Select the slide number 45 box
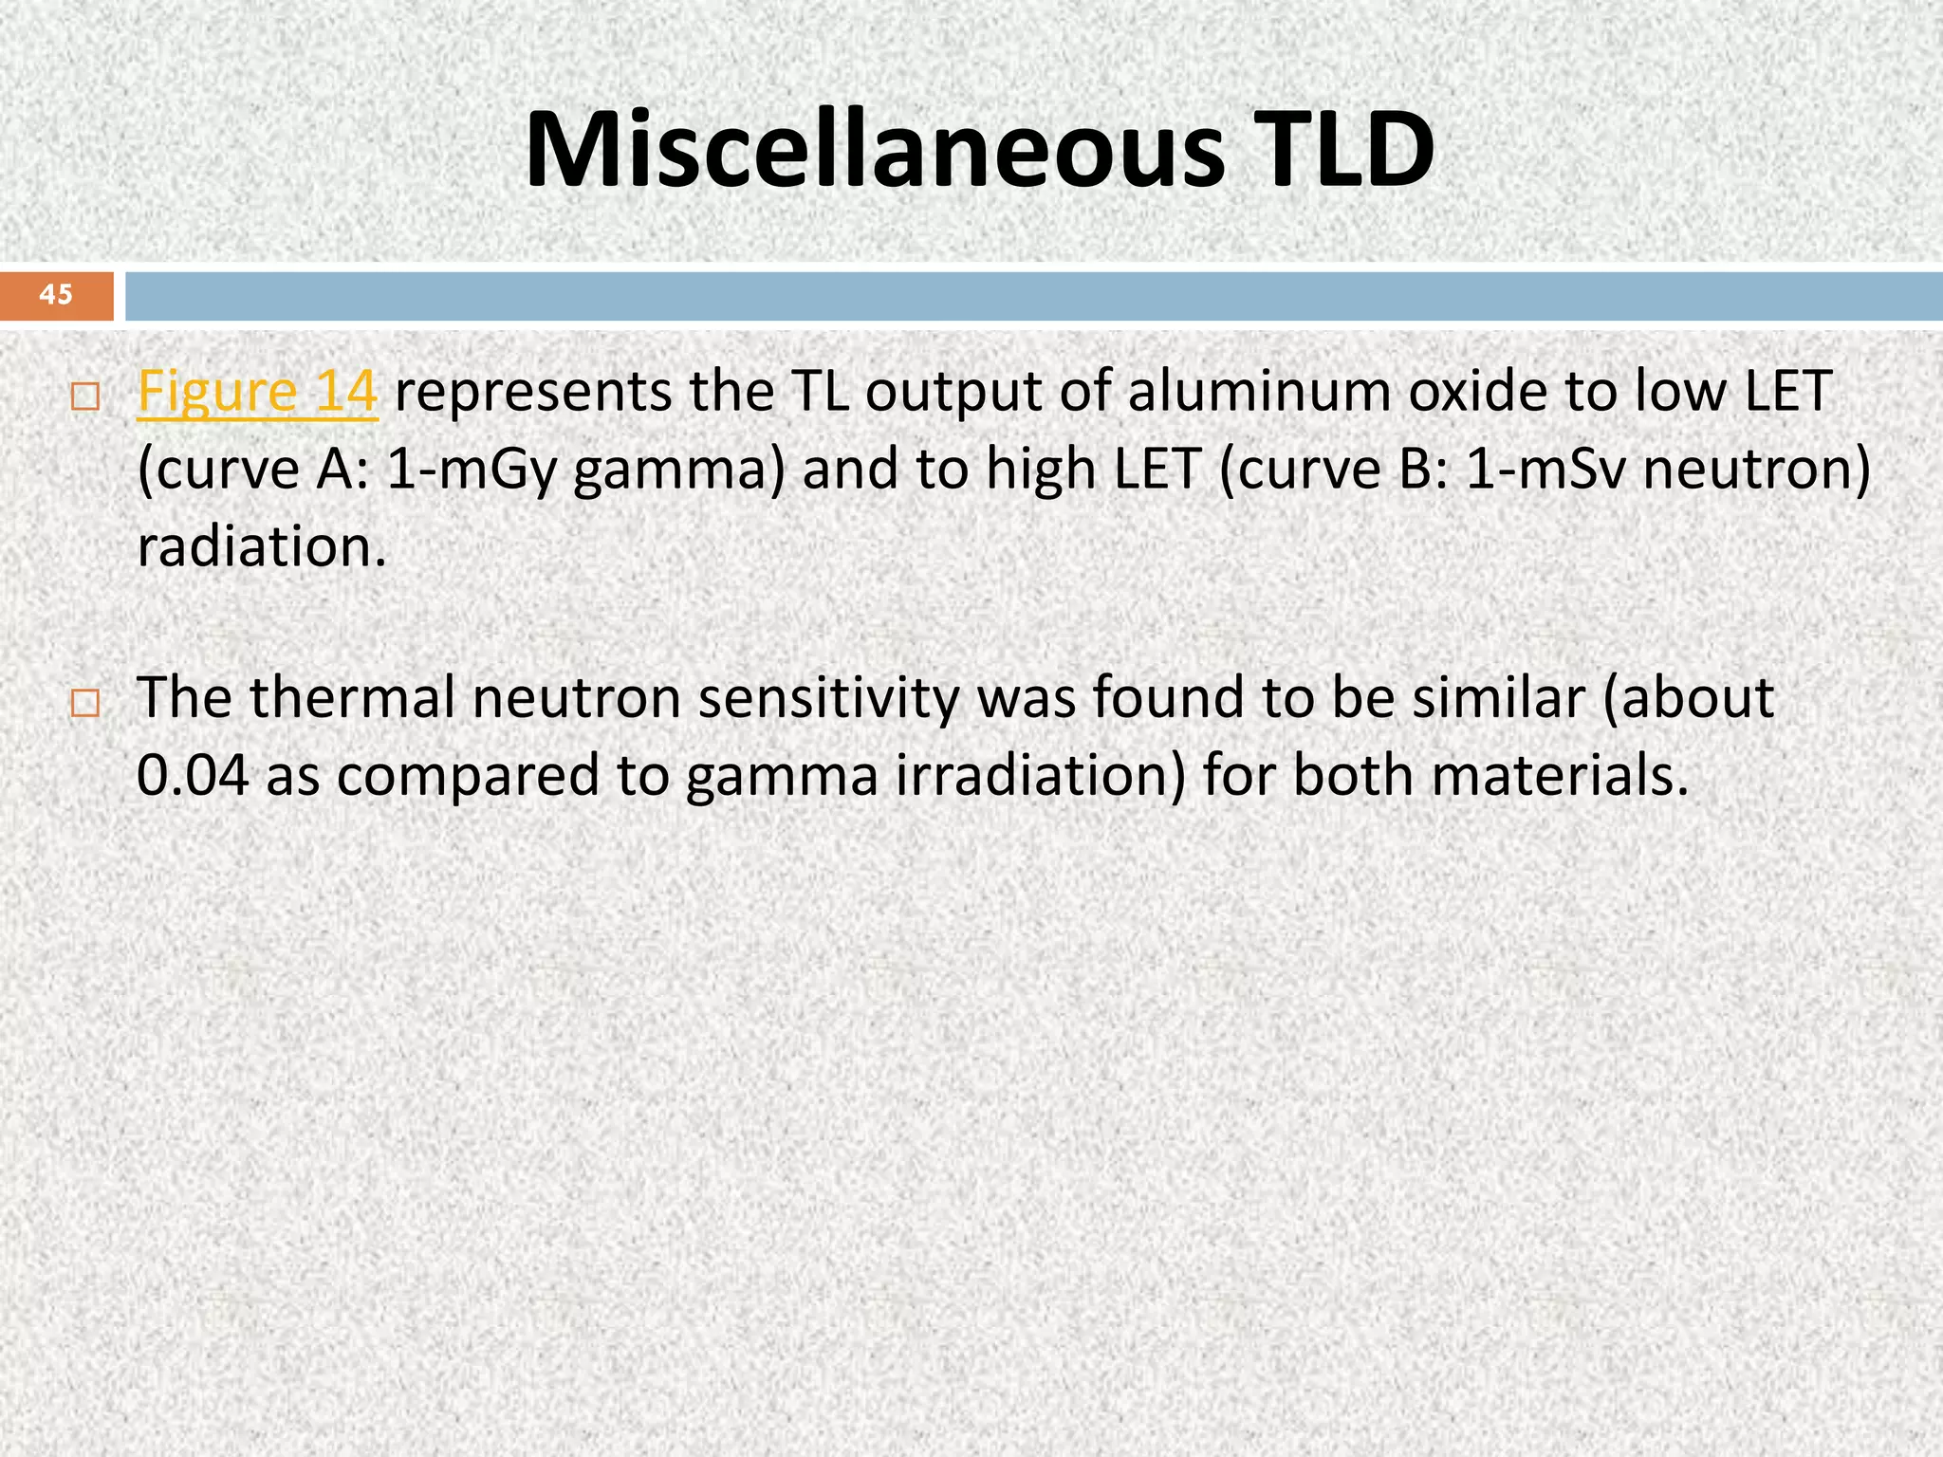(56, 295)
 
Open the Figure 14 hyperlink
(257, 392)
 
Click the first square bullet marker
(84, 397)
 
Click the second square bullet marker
(84, 704)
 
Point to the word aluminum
(1260, 392)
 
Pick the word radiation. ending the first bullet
(262, 547)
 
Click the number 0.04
(193, 776)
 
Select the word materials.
(1561, 776)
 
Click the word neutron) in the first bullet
(1756, 470)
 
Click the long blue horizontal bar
(1033, 296)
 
